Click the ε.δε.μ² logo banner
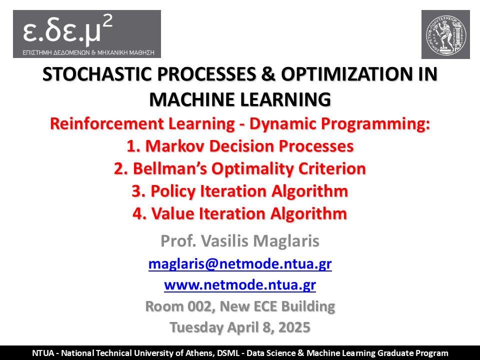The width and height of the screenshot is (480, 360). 87,34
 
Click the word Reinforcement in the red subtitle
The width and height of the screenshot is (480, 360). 107,123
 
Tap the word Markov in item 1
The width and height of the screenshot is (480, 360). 175,146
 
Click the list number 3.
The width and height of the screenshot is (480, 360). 136,191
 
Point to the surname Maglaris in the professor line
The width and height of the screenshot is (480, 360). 286,241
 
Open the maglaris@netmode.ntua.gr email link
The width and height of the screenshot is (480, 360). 240,264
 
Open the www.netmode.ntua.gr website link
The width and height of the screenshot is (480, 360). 240,285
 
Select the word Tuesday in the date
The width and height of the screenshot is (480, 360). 197,327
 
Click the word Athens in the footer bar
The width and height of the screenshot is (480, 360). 200,353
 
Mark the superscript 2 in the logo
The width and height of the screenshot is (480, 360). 107,21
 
